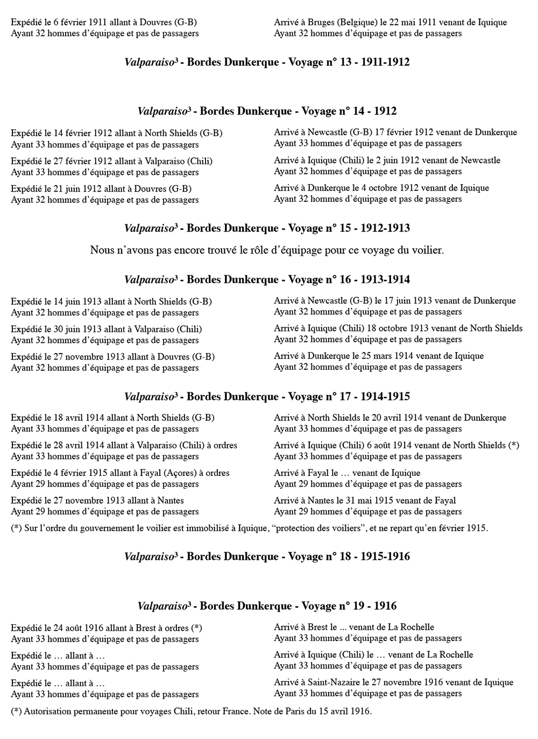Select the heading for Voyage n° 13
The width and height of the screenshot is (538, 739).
pyautogui.click(x=267, y=62)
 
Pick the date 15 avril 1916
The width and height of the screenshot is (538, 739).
pyautogui.click(x=345, y=712)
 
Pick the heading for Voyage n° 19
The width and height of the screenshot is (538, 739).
pyautogui.click(x=267, y=606)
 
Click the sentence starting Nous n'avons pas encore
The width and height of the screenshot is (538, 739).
pyautogui.click(x=267, y=250)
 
